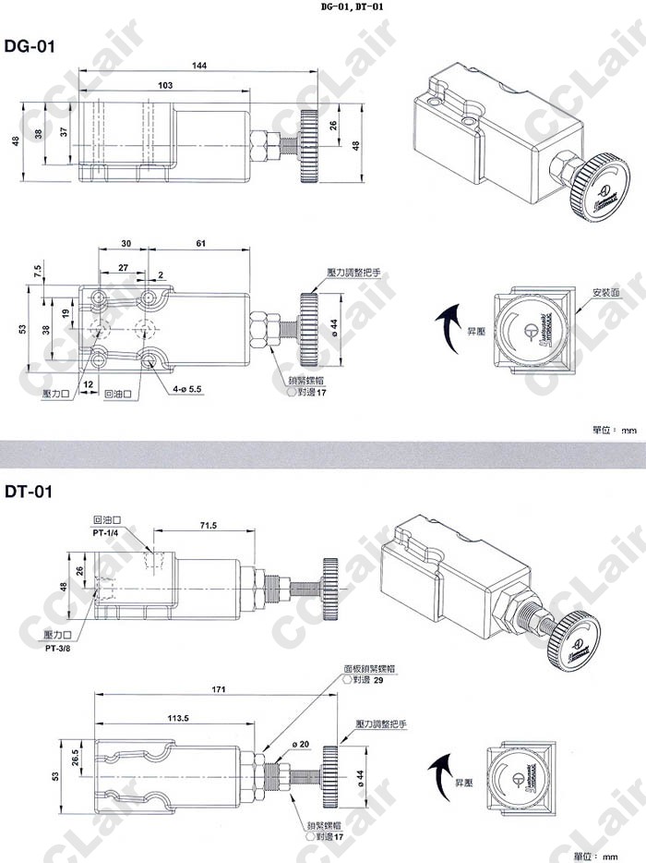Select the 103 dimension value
pyautogui.click(x=165, y=85)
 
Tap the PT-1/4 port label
pyautogui.click(x=106, y=532)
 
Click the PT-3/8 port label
pyautogui.click(x=58, y=647)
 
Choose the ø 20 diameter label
pyautogui.click(x=299, y=746)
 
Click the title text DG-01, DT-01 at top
pyautogui.click(x=352, y=6)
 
